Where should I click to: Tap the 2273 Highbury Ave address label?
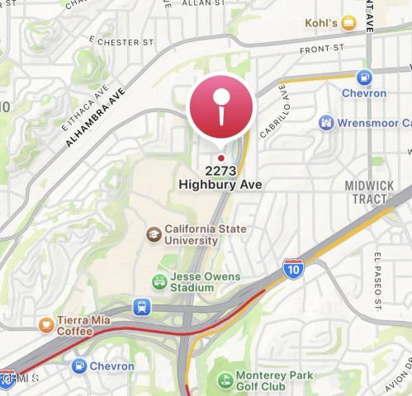220,178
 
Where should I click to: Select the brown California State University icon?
154,234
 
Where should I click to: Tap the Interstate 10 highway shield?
292,268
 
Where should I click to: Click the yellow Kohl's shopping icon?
349,23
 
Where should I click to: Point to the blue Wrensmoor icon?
327,123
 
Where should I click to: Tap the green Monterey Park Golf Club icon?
224,380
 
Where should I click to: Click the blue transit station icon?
143,307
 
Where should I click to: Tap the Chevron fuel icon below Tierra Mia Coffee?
79,365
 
